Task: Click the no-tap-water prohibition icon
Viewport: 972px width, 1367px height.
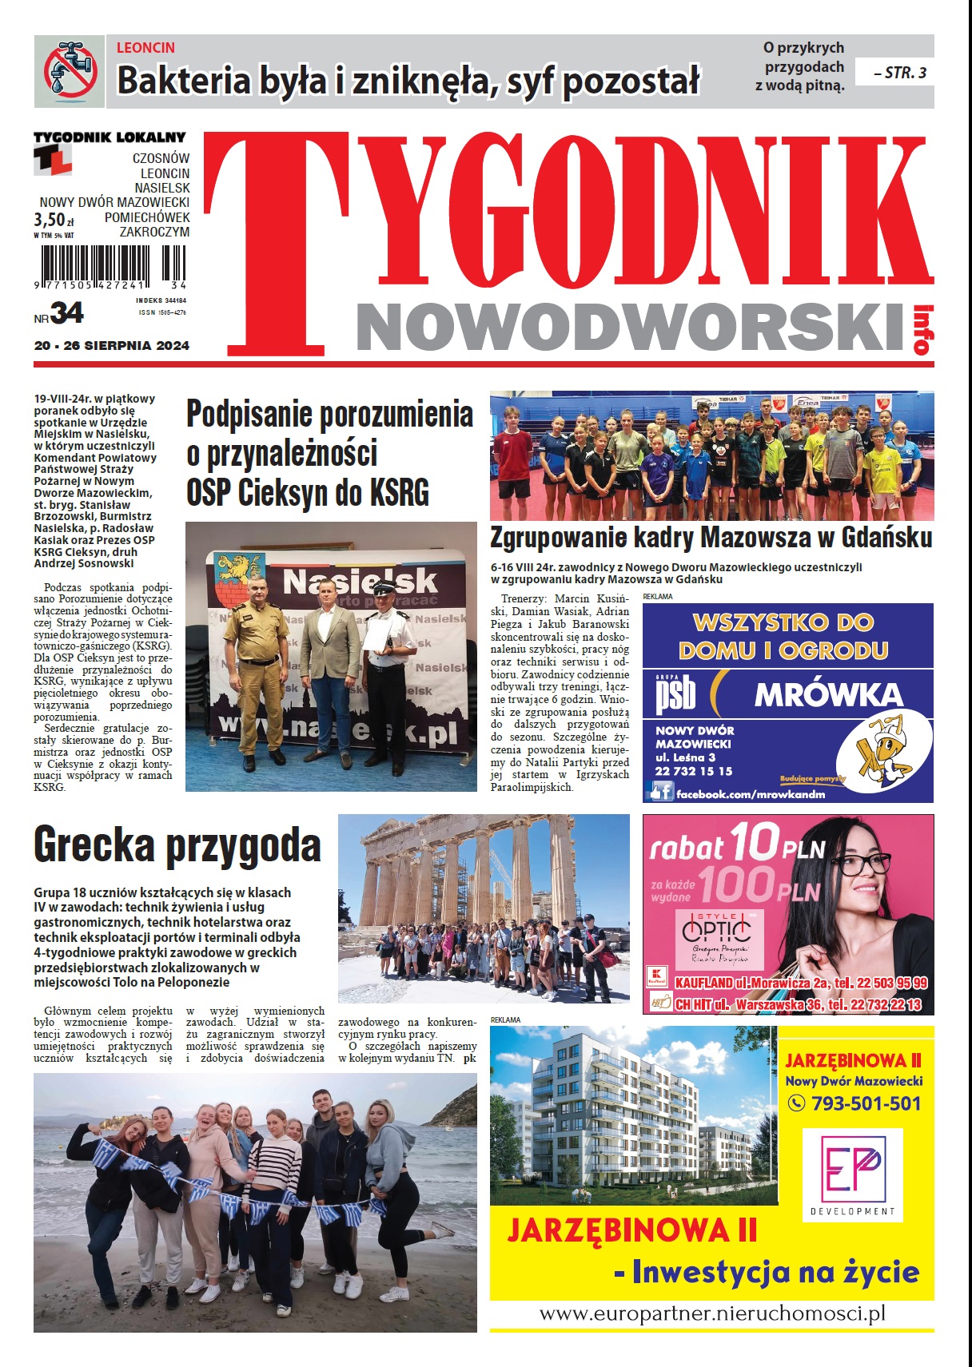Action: click(70, 71)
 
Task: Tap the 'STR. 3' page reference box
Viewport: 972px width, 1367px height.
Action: click(894, 73)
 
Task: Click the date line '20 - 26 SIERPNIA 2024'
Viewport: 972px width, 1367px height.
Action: click(112, 346)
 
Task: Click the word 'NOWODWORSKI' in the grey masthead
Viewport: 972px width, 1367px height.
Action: click(632, 327)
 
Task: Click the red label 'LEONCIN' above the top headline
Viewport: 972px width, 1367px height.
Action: click(145, 48)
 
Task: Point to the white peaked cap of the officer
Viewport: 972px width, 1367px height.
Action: click(384, 589)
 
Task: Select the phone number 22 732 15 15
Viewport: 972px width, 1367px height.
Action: click(693, 771)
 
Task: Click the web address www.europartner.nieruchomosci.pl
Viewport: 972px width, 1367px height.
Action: click(712, 1313)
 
